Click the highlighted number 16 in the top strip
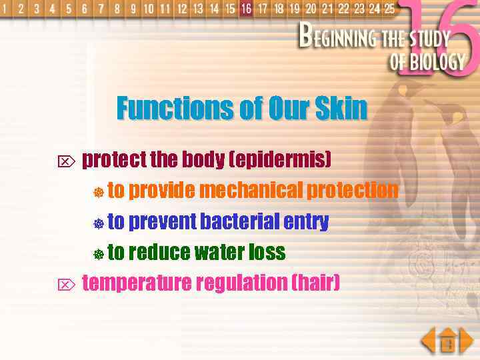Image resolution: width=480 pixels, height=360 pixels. click(x=247, y=9)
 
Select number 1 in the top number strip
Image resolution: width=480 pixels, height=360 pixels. click(x=5, y=9)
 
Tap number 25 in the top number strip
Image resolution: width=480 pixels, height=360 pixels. click(x=389, y=9)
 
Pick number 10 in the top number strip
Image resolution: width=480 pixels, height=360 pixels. click(x=148, y=9)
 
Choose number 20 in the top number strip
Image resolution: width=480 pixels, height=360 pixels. click(x=311, y=9)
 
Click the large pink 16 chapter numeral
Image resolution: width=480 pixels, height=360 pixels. click(x=444, y=40)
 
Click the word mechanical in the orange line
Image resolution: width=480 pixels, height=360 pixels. click(x=251, y=191)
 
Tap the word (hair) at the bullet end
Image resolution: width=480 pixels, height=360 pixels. click(x=316, y=283)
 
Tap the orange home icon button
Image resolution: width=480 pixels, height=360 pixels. click(x=447, y=341)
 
